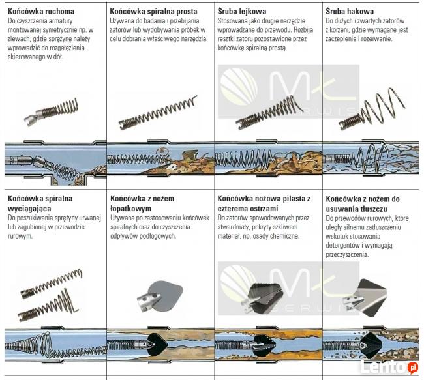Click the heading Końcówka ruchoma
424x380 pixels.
(x=40, y=12)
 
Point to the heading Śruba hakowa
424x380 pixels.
(x=350, y=12)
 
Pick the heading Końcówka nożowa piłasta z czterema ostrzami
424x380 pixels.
(x=264, y=202)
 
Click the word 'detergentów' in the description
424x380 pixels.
(x=347, y=246)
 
